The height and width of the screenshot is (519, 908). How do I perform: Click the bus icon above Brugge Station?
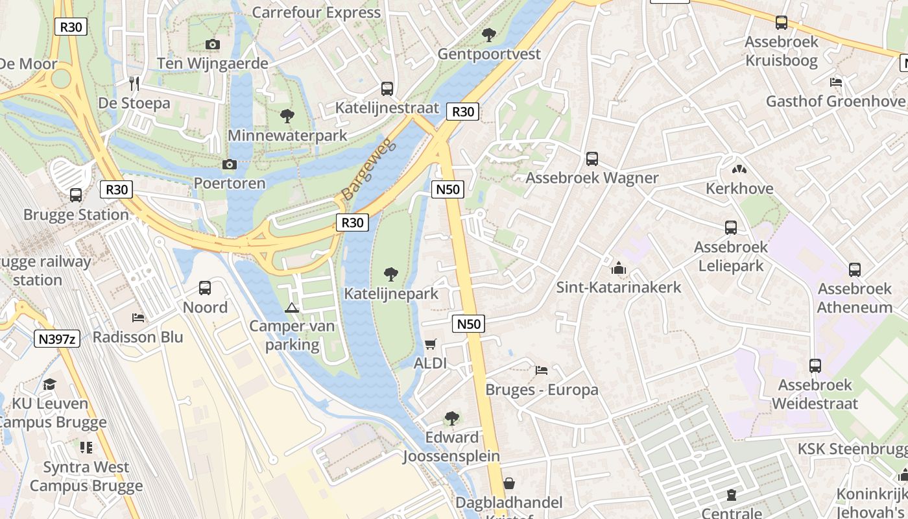(76, 195)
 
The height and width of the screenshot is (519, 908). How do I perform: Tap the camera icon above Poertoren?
(230, 164)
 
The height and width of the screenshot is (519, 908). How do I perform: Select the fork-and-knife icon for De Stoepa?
(134, 83)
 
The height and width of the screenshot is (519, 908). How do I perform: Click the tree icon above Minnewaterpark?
(287, 116)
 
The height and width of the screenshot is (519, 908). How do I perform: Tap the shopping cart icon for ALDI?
(431, 344)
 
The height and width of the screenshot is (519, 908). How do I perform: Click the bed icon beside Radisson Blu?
(138, 317)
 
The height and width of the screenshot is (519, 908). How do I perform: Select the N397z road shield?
(56, 338)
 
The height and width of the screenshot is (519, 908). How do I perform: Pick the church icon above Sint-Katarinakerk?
(619, 268)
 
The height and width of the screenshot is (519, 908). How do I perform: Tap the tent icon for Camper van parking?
(292, 307)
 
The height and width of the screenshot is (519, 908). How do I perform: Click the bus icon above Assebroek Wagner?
(591, 158)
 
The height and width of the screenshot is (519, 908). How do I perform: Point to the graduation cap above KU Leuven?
(50, 384)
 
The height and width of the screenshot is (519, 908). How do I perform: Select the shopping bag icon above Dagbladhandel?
(509, 483)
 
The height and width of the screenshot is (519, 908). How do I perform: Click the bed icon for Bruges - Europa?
(542, 370)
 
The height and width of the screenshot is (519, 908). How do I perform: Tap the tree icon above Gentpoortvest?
(489, 34)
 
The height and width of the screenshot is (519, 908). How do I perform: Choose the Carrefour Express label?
(316, 12)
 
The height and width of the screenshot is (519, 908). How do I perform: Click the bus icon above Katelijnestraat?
(387, 88)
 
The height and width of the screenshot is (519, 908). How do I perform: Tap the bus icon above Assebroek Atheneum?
(854, 269)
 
